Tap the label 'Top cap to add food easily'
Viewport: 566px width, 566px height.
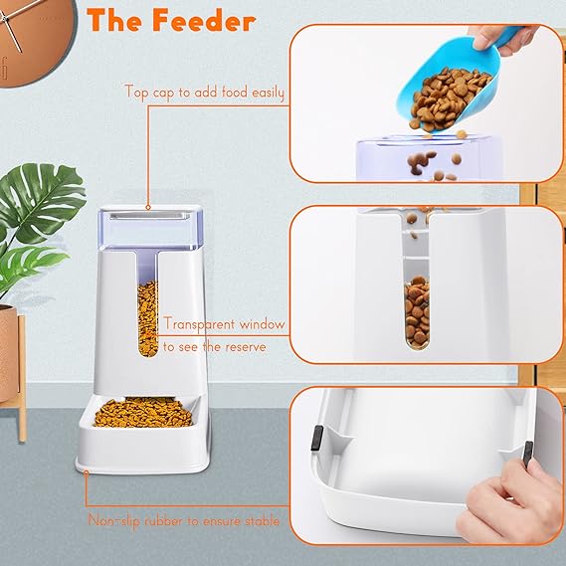pos(204,93)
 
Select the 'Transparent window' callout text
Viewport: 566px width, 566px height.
pos(225,324)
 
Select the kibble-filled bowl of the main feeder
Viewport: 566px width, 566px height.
pos(143,410)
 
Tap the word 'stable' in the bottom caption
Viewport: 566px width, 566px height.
pos(260,520)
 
